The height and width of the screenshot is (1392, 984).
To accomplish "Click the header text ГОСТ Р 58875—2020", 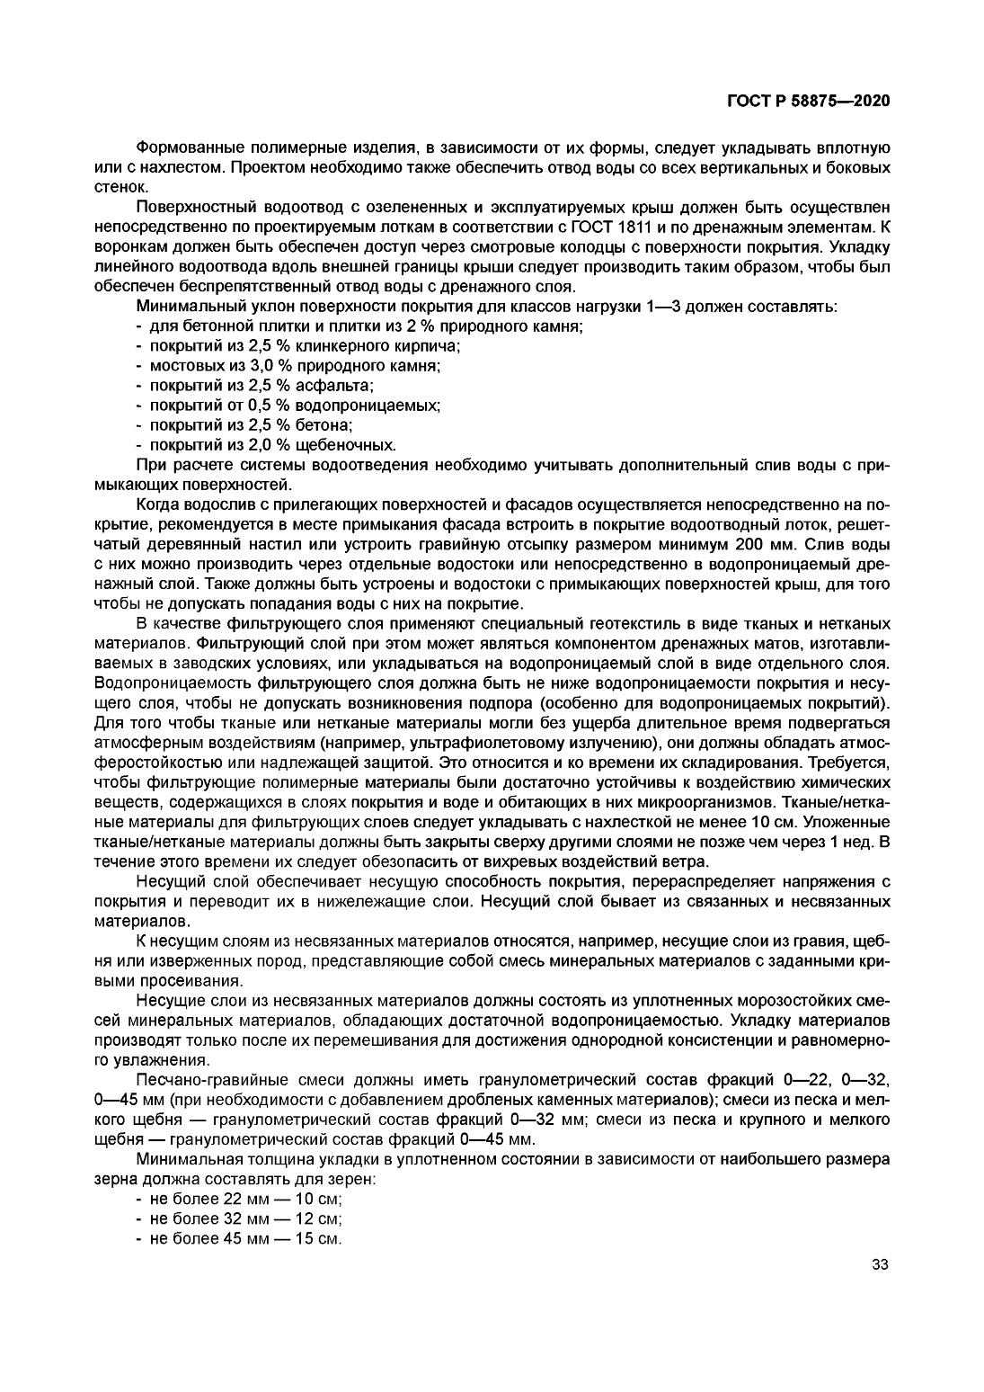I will (x=808, y=102).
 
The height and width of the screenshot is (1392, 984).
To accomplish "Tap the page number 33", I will (x=880, y=1265).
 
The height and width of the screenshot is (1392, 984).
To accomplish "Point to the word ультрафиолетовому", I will (x=489, y=742).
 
